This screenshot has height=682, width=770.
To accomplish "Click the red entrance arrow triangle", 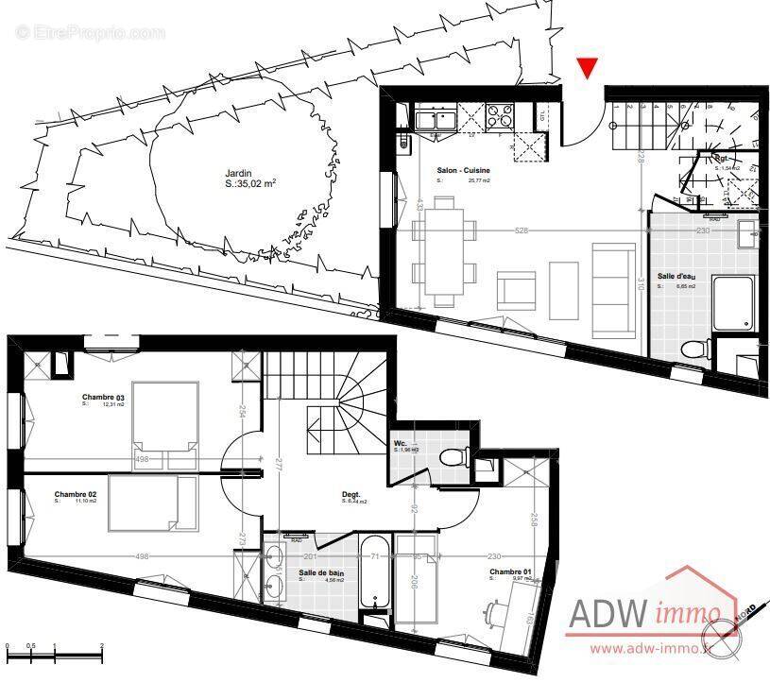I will pos(588,67).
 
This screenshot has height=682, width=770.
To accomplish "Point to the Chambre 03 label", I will pos(103,397).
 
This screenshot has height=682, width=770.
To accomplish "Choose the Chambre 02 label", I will pos(77,494).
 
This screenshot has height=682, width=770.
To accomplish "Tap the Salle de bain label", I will pos(321,573).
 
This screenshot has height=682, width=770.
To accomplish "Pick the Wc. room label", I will pos(402,444).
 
